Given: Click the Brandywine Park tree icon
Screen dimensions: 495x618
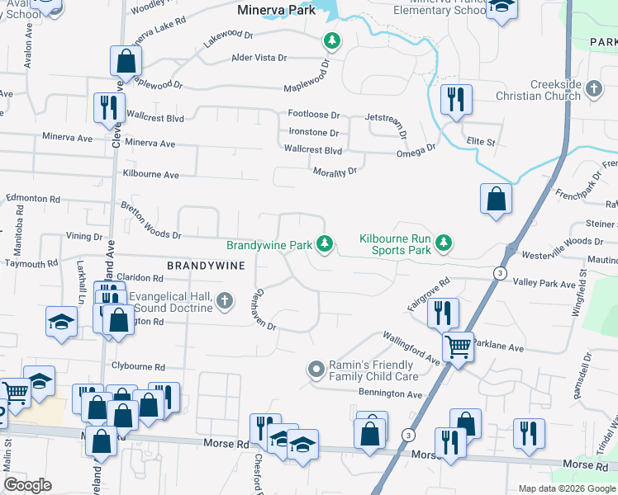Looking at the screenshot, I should [326, 243].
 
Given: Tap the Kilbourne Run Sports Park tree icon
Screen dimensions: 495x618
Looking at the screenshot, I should [445, 243].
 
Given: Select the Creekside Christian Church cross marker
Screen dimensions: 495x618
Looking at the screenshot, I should [593, 87].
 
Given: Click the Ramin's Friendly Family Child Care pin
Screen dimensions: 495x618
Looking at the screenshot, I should [315, 370].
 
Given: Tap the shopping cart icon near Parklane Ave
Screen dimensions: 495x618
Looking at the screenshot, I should [457, 346].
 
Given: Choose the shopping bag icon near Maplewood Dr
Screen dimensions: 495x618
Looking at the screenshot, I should [126, 60].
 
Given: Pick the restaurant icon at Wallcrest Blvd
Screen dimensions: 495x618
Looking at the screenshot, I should [109, 108].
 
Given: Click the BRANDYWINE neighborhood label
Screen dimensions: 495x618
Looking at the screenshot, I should [206, 266].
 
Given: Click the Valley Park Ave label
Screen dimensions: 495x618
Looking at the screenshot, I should [544, 284].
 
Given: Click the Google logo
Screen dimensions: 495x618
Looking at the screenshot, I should [28, 485].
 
